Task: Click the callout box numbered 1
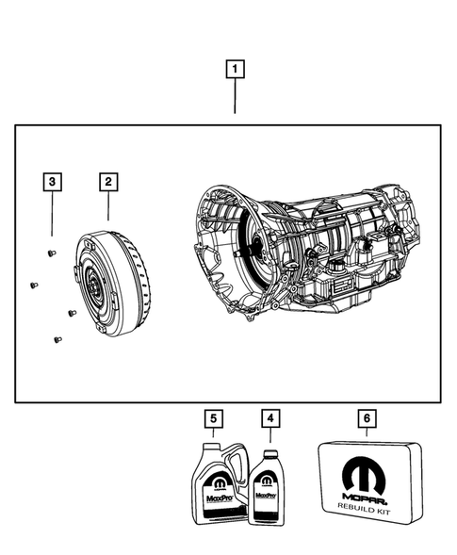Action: coord(235,69)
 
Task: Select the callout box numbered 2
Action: coord(110,180)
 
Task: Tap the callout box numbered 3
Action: coord(55,180)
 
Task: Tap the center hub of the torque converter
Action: coord(95,286)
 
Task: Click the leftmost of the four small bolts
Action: coord(32,284)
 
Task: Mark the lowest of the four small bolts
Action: coord(57,339)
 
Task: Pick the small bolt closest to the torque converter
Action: coord(71,312)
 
